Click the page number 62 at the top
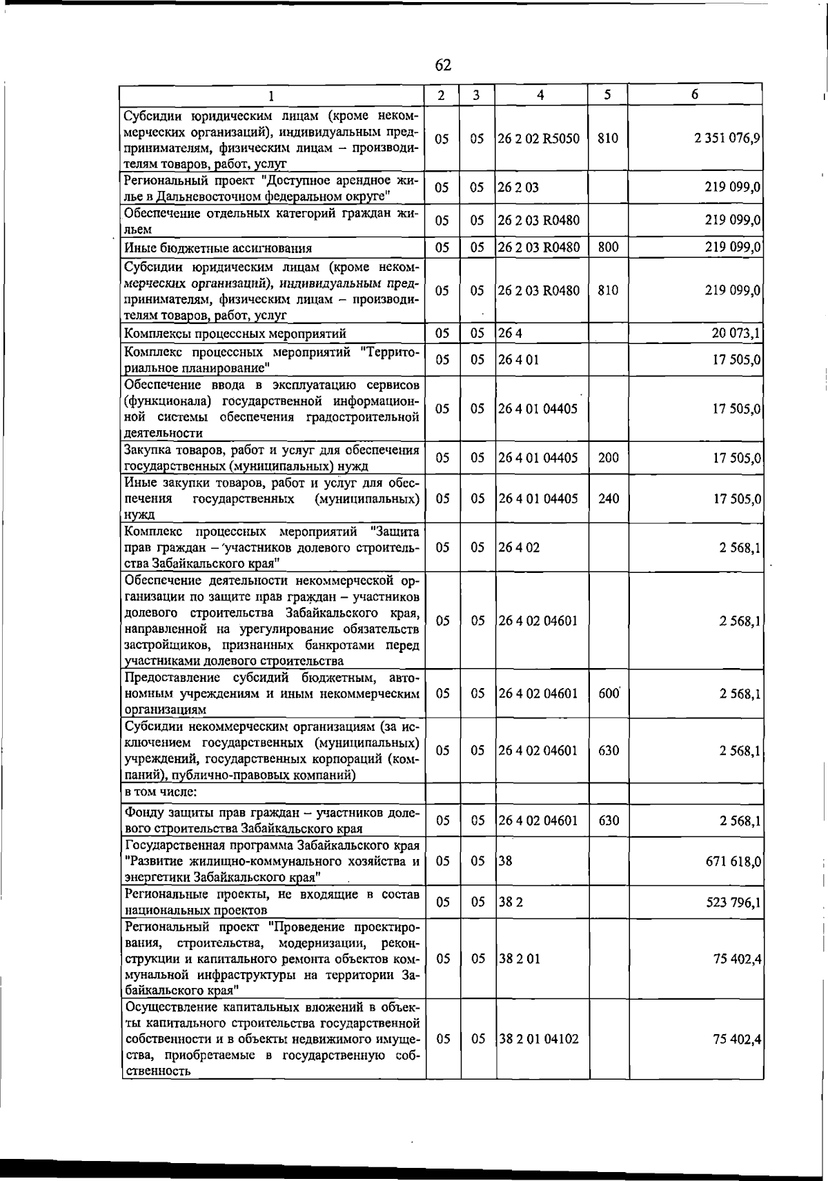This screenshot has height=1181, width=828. click(x=443, y=65)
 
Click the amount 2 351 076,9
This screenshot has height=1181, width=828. click(x=728, y=139)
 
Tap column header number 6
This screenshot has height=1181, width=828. click(x=695, y=94)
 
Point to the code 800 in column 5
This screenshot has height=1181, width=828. click(x=608, y=248)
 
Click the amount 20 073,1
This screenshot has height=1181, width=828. click(x=736, y=334)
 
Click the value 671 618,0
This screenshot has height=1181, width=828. click(x=733, y=862)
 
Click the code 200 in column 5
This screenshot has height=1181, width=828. click(x=608, y=458)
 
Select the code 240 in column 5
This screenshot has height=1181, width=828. click(x=608, y=498)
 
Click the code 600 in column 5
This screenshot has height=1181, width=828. click(x=608, y=694)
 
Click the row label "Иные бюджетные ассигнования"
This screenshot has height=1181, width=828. click(x=218, y=248)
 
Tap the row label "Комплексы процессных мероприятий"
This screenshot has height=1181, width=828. click(x=235, y=334)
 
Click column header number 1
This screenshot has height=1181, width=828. click(x=272, y=95)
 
